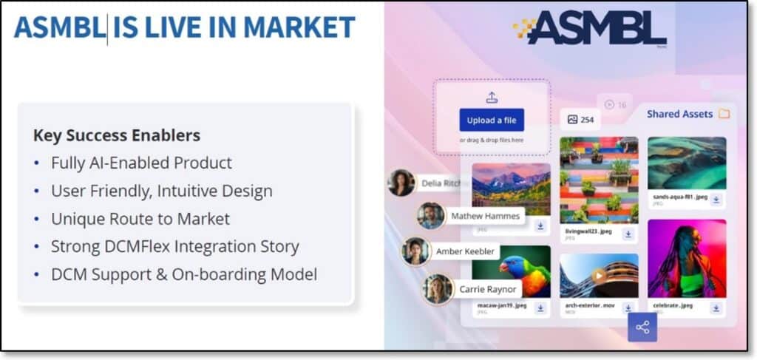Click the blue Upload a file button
[x=492, y=120]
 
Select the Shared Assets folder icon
[x=724, y=114]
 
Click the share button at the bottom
[x=642, y=327]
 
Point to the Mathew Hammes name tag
[x=485, y=217]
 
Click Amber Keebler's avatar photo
[x=416, y=251]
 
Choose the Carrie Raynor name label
[x=488, y=289]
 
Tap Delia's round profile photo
[x=401, y=183]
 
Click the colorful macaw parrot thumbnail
[x=511, y=272]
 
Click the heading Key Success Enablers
[x=117, y=135]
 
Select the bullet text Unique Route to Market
[x=140, y=219]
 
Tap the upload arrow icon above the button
[x=492, y=98]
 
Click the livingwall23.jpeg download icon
[x=628, y=234]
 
